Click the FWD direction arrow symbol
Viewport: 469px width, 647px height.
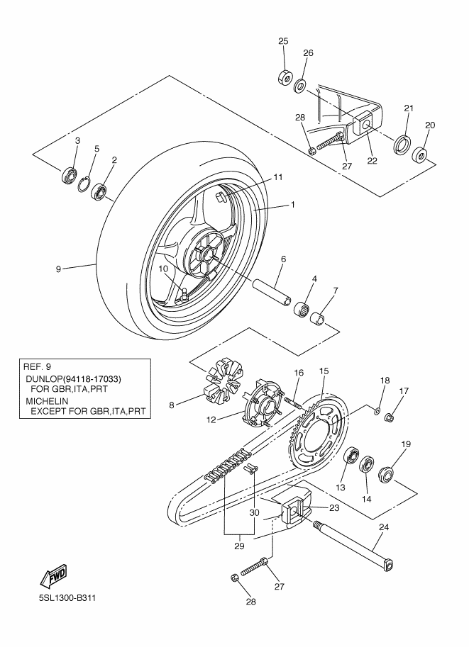coord(53,575)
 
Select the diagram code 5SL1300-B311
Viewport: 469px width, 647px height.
coord(67,598)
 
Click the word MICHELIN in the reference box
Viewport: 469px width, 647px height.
coord(47,400)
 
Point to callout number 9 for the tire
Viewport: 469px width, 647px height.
coord(58,269)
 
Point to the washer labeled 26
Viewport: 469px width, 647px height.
coord(299,86)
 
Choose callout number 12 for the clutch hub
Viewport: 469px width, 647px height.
coord(211,420)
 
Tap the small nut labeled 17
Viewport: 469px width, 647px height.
coord(390,417)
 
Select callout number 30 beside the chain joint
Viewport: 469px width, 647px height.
coord(255,512)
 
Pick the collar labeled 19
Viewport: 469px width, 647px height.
coord(387,473)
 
